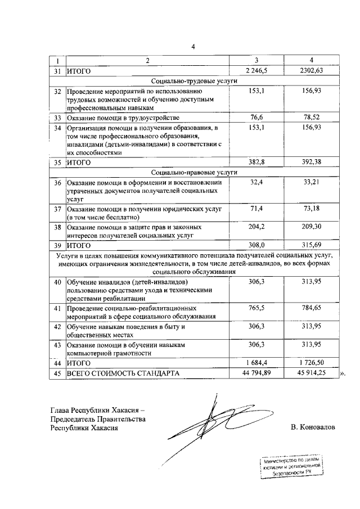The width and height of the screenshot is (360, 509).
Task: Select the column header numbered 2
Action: (x=148, y=61)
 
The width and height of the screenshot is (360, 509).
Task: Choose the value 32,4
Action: (x=256, y=182)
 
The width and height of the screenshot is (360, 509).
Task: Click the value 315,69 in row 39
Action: (x=310, y=245)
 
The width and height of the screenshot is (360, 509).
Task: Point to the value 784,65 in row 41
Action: (x=310, y=308)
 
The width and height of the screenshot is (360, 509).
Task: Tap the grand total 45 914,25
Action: (x=310, y=373)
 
